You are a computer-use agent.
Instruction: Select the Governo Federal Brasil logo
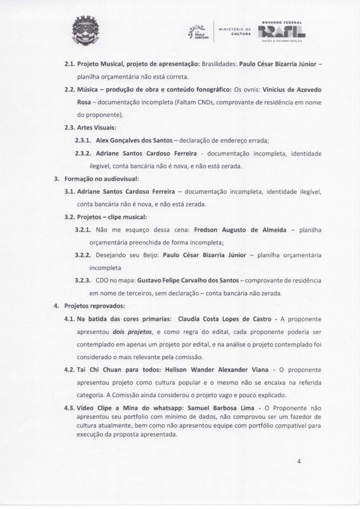(x=283, y=32)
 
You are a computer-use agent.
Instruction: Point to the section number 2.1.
(x=70, y=65)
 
